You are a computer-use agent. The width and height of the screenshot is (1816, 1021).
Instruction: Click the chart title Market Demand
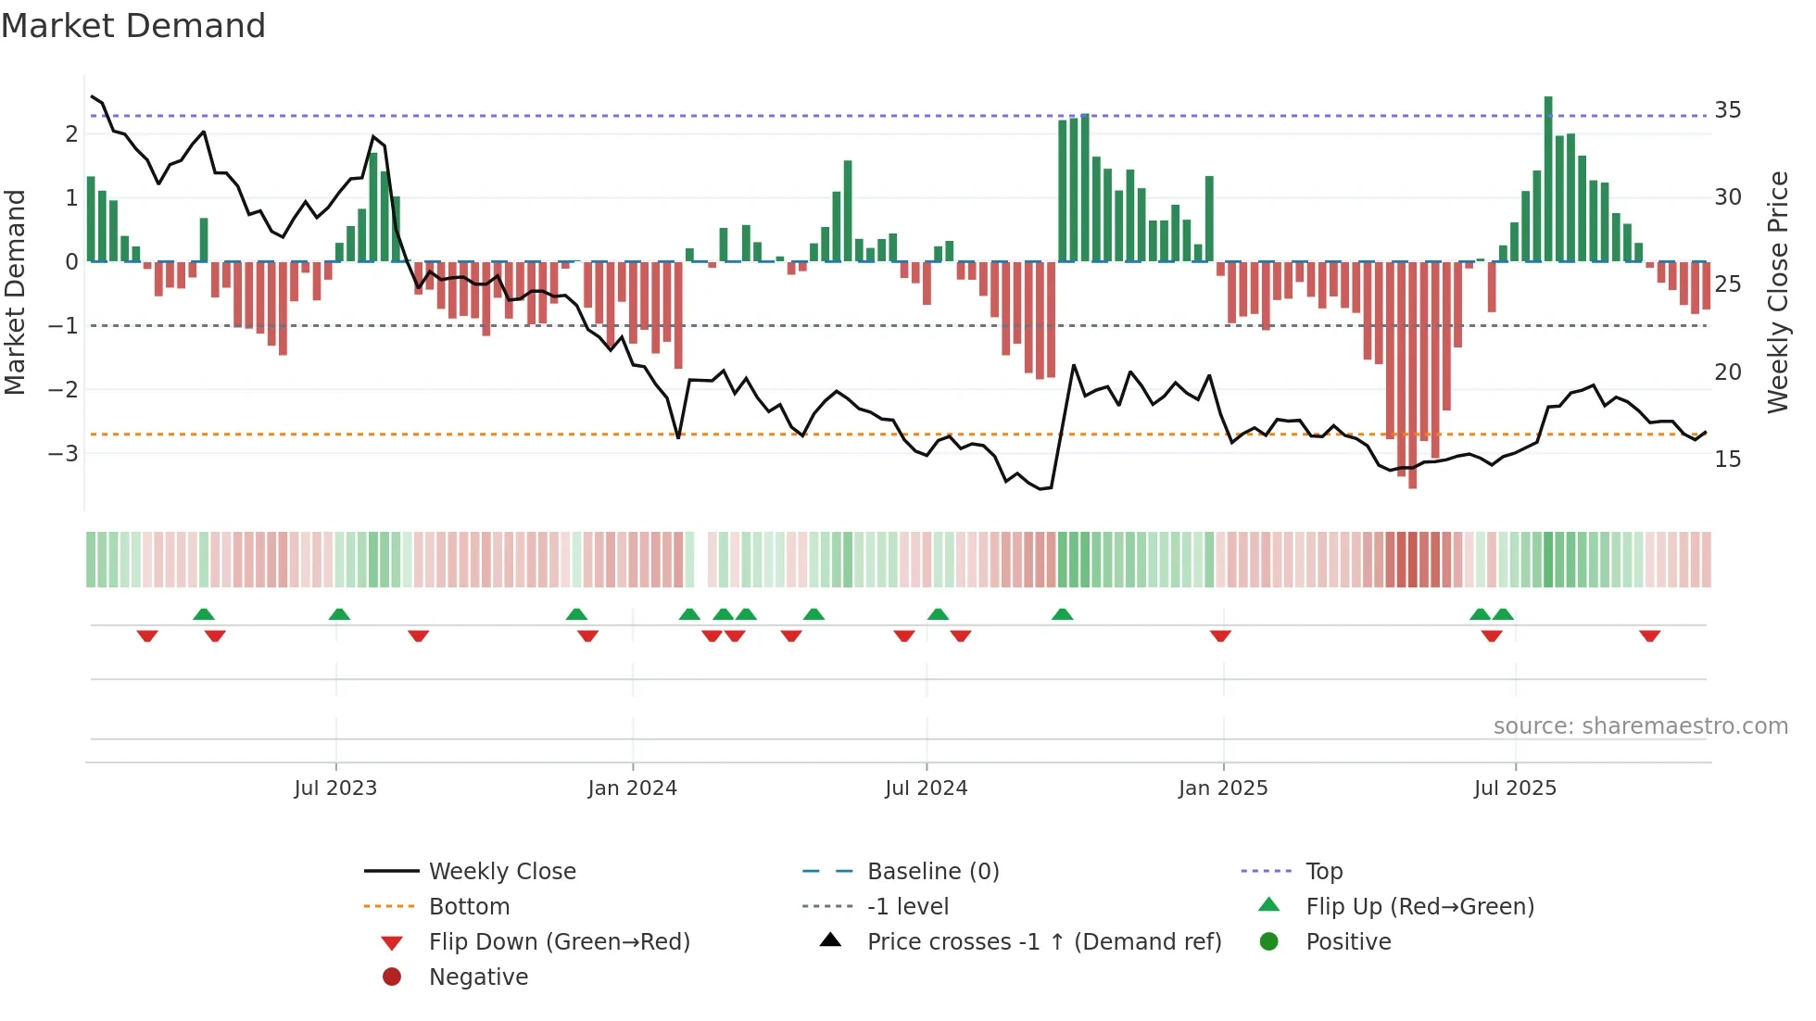pyautogui.click(x=133, y=26)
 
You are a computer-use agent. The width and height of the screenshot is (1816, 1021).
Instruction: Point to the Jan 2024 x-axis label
pyautogui.click(x=632, y=788)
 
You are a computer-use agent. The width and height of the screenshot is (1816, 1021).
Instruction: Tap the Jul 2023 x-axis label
pyautogui.click(x=335, y=788)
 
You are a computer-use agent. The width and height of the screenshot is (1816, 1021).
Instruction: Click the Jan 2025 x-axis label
pyautogui.click(x=1223, y=788)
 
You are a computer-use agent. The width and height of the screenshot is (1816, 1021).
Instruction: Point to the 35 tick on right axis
pyautogui.click(x=1728, y=110)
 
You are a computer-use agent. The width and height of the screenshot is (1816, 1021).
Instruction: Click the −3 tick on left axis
pyautogui.click(x=63, y=453)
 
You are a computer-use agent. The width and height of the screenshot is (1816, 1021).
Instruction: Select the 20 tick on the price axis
pyautogui.click(x=1728, y=372)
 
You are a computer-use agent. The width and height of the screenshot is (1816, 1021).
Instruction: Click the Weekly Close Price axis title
pyautogui.click(x=1778, y=292)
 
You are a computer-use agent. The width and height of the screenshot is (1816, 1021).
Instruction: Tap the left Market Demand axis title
pyautogui.click(x=16, y=292)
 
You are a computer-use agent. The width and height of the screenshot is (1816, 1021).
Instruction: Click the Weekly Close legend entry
pyautogui.click(x=501, y=872)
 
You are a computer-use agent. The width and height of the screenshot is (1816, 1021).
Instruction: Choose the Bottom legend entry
pyautogui.click(x=469, y=907)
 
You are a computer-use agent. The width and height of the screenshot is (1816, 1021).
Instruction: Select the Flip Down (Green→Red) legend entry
pyautogui.click(x=559, y=942)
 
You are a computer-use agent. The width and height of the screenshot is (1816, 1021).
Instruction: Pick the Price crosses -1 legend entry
pyautogui.click(x=1043, y=942)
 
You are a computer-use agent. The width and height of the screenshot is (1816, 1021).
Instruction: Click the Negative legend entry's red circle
pyautogui.click(x=392, y=977)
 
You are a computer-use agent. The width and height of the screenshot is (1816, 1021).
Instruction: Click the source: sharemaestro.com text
pyautogui.click(x=1640, y=726)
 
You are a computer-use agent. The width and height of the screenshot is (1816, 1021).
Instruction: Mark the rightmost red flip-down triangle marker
pyautogui.click(x=1649, y=637)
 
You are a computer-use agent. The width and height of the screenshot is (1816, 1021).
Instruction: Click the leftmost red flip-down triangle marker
pyautogui.click(x=147, y=637)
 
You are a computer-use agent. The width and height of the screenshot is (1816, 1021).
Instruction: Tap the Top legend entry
pyautogui.click(x=1323, y=872)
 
